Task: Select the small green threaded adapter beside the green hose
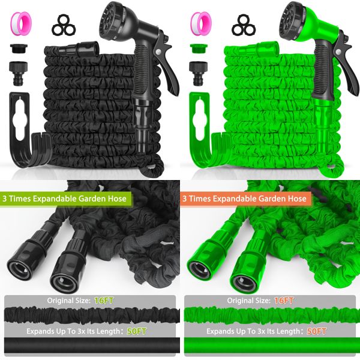click(197, 47)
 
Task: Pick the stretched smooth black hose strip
click(90, 346)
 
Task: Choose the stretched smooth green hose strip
click(270, 346)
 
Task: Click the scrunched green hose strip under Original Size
click(270, 314)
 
